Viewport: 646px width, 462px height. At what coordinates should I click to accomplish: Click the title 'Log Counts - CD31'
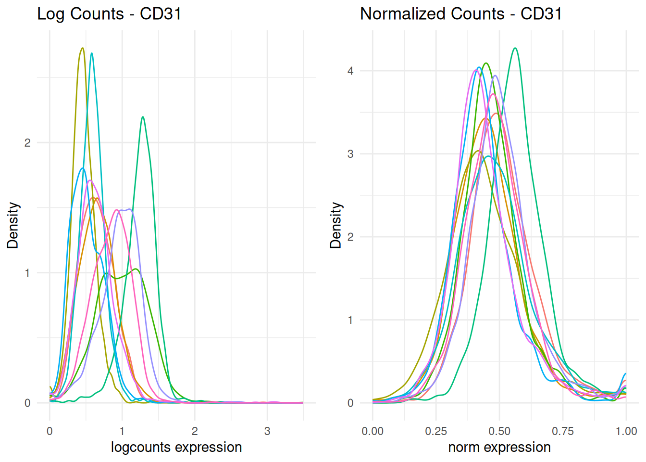coord(109,13)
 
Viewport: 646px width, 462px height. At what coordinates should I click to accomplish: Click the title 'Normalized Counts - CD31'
coord(461,13)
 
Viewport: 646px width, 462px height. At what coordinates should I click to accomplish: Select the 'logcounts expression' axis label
coord(176,447)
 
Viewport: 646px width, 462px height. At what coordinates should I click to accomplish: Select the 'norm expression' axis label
coord(499,447)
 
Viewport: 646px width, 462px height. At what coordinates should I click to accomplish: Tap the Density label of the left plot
coord(12,225)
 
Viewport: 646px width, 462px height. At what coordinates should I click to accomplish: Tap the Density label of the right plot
coord(335,225)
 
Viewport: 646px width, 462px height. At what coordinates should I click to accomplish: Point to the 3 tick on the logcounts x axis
coord(267,431)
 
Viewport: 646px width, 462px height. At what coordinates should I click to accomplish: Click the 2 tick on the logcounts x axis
coord(195,431)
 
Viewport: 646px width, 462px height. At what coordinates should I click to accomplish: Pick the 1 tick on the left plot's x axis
coord(122,431)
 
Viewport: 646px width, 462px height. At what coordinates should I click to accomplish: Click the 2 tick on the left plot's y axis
coord(27,143)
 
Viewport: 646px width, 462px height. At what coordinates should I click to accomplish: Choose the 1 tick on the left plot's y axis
coord(27,273)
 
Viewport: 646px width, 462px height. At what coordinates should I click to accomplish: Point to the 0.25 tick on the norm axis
coord(436,431)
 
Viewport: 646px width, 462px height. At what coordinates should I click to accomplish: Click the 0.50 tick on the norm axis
coord(499,431)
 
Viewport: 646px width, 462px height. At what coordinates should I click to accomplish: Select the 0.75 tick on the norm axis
coord(563,431)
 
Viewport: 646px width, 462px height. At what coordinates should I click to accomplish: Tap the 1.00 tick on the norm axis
coord(626,431)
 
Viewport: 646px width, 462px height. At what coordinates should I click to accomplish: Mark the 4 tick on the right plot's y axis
coord(350,71)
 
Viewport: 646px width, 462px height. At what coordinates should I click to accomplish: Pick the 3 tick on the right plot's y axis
coord(350,154)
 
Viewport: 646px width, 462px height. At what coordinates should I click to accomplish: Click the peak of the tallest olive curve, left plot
coord(83,48)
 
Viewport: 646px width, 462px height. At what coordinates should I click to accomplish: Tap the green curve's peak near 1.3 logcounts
coord(143,117)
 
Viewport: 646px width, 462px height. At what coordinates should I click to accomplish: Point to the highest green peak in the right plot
coord(515,48)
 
